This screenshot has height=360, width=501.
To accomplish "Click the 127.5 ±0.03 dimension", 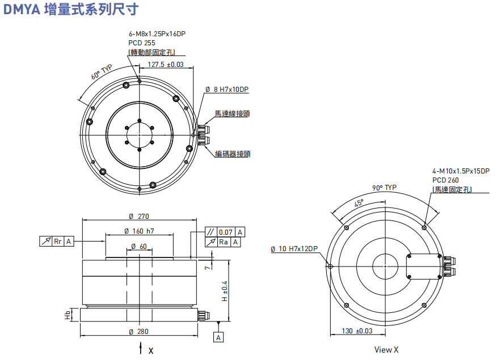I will click(x=166, y=65).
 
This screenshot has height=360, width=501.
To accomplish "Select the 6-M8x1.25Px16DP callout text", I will click(x=157, y=34).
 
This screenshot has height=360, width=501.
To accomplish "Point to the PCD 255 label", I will click(x=142, y=43).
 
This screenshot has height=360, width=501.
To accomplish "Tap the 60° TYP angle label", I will click(x=102, y=72).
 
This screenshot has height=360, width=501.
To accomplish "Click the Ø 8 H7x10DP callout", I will click(x=227, y=90).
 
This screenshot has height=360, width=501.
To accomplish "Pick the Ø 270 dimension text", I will click(x=139, y=216).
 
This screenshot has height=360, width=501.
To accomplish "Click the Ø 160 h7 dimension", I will click(x=139, y=231).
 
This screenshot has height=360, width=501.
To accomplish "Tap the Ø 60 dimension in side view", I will click(x=139, y=247).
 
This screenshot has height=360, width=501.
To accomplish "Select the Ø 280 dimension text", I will click(x=139, y=332).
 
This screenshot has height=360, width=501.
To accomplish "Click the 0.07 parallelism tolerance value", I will click(x=226, y=232).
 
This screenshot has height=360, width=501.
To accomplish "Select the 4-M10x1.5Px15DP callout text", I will click(x=461, y=171).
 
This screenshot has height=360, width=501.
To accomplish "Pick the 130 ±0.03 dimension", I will click(x=357, y=331).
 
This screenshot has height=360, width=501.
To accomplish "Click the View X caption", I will click(x=386, y=350).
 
